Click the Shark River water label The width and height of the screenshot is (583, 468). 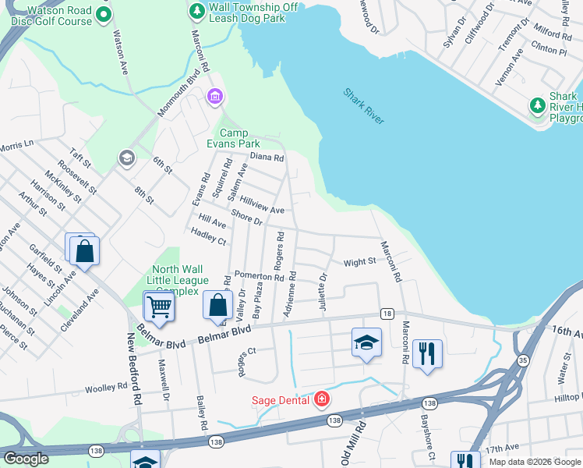364,106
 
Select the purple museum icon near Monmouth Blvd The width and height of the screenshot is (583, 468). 214,97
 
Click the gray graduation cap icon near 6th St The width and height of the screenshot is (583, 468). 125,159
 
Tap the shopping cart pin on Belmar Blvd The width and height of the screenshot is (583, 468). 160,307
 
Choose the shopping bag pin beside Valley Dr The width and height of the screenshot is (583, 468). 218,307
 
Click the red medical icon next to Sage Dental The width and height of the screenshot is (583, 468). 320,400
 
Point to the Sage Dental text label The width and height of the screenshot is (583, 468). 280,401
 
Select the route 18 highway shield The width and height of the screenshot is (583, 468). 387,314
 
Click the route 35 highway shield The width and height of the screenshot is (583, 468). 523,360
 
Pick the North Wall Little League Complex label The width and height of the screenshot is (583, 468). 180,280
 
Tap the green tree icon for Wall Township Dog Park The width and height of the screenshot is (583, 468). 196,12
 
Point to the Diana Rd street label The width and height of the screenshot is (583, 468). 267,157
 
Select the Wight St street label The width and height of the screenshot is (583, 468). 359,263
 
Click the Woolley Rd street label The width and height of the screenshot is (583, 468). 106,388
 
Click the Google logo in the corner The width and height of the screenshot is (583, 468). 26,459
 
